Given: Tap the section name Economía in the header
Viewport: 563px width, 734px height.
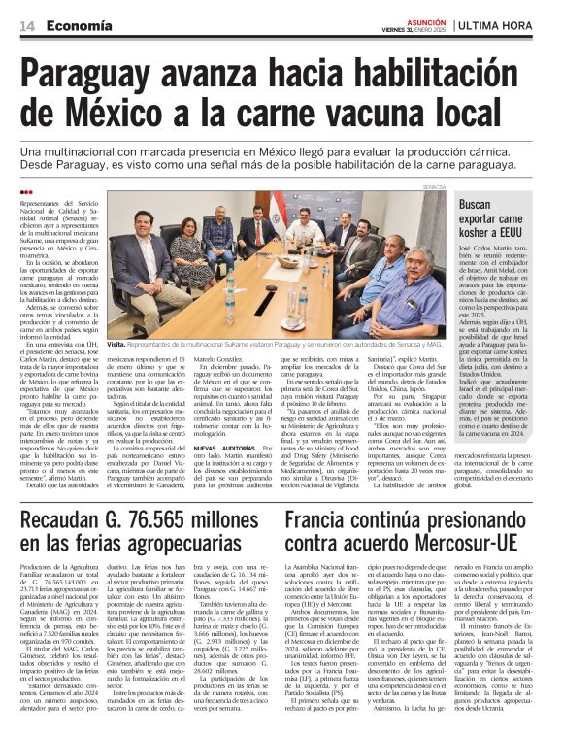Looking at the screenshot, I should pyautogui.click(x=81, y=26).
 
